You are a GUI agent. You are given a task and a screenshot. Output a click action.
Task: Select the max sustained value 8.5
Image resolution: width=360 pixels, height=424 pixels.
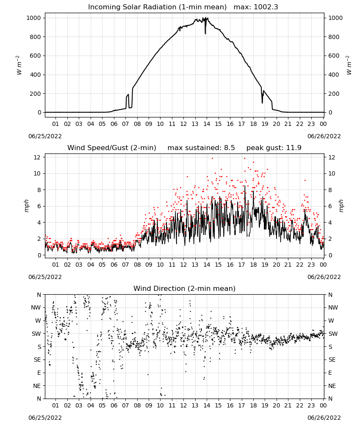pyautogui.click(x=229, y=148)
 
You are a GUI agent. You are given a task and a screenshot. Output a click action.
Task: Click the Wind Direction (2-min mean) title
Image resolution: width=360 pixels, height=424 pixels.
pyautogui.click(x=185, y=288)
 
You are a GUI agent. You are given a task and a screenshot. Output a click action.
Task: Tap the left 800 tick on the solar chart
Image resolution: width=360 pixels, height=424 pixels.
pyautogui.click(x=35, y=37)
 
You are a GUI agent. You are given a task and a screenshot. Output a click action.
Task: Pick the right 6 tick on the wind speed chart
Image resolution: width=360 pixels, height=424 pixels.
pyautogui.click(x=330, y=206)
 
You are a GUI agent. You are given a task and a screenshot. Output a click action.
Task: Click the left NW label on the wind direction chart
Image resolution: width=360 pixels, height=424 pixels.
pyautogui.click(x=36, y=308)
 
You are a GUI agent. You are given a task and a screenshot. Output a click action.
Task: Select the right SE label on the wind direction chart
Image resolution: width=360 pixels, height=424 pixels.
pyautogui.click(x=332, y=360)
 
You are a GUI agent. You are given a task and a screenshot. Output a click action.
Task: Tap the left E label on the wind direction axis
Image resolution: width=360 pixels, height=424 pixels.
pyautogui.click(x=39, y=373)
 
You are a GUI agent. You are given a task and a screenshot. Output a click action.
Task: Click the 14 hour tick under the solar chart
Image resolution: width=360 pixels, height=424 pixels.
pyautogui.click(x=207, y=124)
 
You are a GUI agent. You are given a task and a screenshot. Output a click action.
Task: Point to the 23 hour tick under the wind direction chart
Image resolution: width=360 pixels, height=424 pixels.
pyautogui.click(x=311, y=405)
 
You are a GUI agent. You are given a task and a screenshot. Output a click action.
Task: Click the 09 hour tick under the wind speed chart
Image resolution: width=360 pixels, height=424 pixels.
pyautogui.click(x=149, y=265)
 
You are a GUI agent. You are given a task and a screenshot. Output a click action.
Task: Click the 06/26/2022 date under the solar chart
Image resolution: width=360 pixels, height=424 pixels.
pyautogui.click(x=324, y=136)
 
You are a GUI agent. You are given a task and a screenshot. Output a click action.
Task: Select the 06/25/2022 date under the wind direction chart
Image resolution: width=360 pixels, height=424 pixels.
pyautogui.click(x=45, y=418)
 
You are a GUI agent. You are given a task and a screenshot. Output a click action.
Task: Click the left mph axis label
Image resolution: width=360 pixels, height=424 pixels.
pyautogui.click(x=26, y=206)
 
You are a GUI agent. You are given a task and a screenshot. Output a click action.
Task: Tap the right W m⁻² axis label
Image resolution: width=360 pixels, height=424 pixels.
pyautogui.click(x=349, y=65)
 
